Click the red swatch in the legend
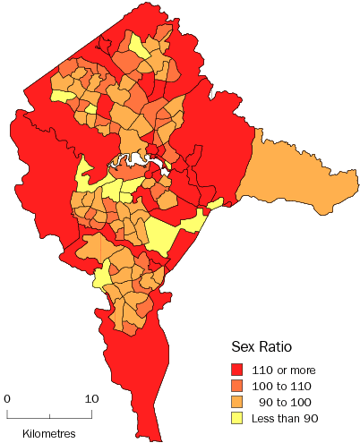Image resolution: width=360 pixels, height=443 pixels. pos(238,369)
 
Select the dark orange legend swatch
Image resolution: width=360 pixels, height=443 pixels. pos(238,385)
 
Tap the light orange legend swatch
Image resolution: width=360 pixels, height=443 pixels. pos(238,401)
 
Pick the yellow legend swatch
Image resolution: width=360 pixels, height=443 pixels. pos(238,417)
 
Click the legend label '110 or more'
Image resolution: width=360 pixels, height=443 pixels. pos(284,370)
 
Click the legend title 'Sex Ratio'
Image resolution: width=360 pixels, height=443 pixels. pos(263,347)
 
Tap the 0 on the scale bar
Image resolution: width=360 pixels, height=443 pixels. pos(7,398)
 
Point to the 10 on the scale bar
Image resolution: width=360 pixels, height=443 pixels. pos(91,398)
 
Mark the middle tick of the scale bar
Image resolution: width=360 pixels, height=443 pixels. pos(50,414)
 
